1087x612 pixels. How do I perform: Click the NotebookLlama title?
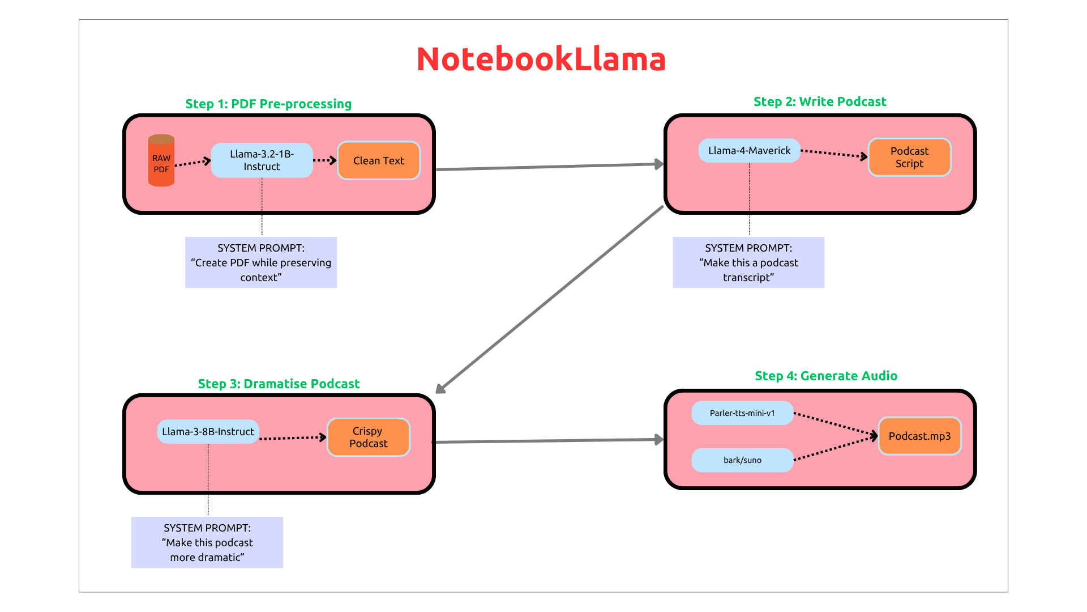coord(541,59)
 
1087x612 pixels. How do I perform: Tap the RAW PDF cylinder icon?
coord(161,161)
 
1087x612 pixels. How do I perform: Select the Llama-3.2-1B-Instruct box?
coord(262,160)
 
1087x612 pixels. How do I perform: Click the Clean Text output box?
coord(378,161)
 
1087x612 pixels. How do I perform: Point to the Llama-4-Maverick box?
coord(749,151)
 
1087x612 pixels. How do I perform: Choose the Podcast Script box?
coord(909,158)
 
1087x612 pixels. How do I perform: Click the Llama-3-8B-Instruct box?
coord(208,432)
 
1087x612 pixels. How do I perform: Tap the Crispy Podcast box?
coord(369,437)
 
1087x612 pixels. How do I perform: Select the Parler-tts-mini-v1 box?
coord(742,413)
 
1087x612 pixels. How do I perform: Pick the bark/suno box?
coord(742,460)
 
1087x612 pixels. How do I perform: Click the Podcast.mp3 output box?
coord(919,436)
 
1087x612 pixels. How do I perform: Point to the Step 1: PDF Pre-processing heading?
coord(268,104)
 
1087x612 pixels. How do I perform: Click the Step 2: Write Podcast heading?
coord(820,102)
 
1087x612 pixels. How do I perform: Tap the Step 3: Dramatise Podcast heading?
coord(279,384)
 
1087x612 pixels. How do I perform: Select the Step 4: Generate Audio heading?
coord(826,376)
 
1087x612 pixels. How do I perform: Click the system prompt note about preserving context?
coord(261,262)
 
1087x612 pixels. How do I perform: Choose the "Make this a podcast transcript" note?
coord(748,262)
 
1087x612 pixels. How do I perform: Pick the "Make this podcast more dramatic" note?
coord(207,542)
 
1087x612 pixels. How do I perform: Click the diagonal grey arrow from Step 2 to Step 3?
coord(549,299)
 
